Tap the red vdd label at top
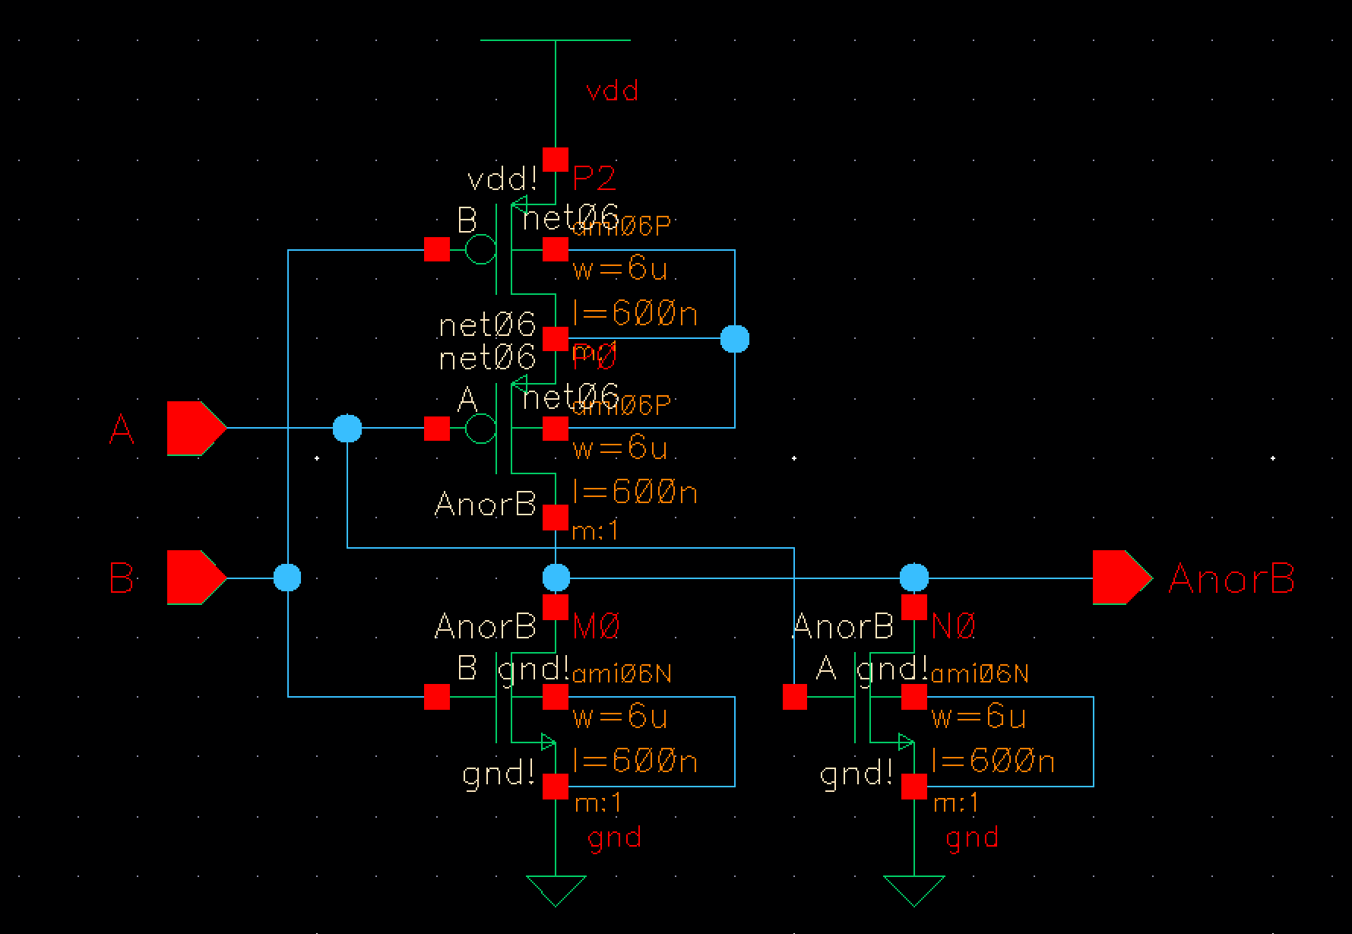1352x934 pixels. click(613, 91)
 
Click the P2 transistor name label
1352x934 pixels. click(594, 179)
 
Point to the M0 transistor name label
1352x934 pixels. click(597, 627)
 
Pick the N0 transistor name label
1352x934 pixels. click(954, 627)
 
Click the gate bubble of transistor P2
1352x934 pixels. click(480, 249)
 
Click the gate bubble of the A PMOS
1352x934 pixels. click(480, 428)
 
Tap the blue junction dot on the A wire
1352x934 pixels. click(347, 429)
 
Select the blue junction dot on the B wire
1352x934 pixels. click(287, 578)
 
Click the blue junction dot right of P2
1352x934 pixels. click(734, 338)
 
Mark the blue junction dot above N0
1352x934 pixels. click(913, 578)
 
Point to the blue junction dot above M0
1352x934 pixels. click(556, 578)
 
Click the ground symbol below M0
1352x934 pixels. click(556, 889)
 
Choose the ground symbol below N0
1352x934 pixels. click(913, 889)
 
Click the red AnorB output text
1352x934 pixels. click(1231, 578)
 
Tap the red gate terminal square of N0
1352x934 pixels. click(795, 697)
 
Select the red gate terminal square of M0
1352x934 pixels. click(437, 697)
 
